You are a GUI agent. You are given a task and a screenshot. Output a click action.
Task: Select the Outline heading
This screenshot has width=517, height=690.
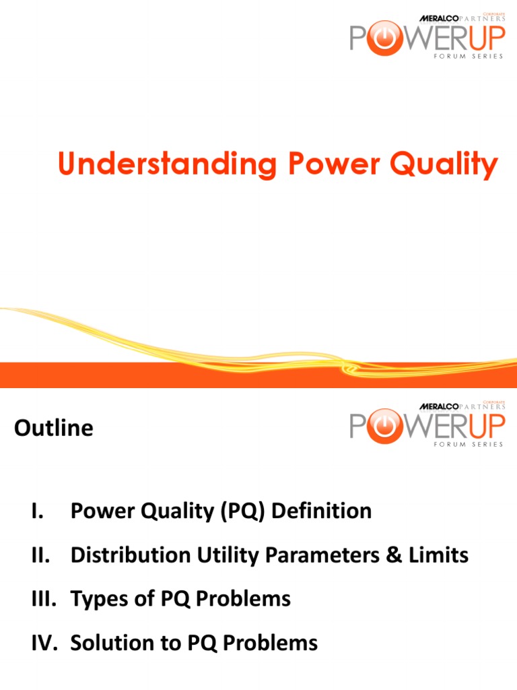click(54, 429)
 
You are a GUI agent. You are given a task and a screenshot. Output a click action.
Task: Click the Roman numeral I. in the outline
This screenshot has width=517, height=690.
click(37, 511)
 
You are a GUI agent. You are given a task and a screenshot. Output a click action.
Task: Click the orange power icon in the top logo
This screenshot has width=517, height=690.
click(382, 38)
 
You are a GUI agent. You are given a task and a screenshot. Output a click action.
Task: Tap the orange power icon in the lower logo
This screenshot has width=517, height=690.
click(382, 425)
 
